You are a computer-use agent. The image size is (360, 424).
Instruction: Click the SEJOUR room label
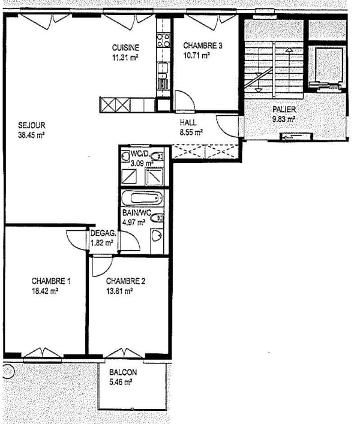31,125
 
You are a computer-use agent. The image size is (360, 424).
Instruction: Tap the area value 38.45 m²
31,135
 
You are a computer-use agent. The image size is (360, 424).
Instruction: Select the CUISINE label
126,48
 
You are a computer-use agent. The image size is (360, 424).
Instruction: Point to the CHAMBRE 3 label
203,46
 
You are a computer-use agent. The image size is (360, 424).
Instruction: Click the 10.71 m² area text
196,56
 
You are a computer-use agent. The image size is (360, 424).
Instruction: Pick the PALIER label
283,110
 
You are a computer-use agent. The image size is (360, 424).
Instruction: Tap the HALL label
188,122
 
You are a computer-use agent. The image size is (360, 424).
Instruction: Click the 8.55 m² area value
191,132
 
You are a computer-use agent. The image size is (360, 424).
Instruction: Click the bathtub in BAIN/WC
142,198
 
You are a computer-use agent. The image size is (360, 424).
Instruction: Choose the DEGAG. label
102,234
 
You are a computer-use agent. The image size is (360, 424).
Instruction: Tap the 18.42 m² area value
45,291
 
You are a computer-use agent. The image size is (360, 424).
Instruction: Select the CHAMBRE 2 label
125,281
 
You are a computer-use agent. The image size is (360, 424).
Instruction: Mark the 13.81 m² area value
119,291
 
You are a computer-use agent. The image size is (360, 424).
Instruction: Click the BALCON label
123,372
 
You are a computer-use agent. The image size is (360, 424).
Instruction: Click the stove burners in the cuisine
163,40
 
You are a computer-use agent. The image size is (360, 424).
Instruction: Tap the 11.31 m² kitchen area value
125,58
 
